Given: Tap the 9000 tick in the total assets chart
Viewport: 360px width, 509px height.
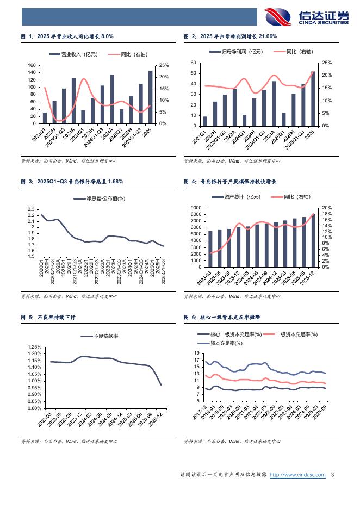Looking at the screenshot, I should pos(194,208).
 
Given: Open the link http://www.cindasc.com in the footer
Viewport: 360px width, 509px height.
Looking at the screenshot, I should pos(297,475).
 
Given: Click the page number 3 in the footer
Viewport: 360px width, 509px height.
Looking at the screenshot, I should pos(332,475).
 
